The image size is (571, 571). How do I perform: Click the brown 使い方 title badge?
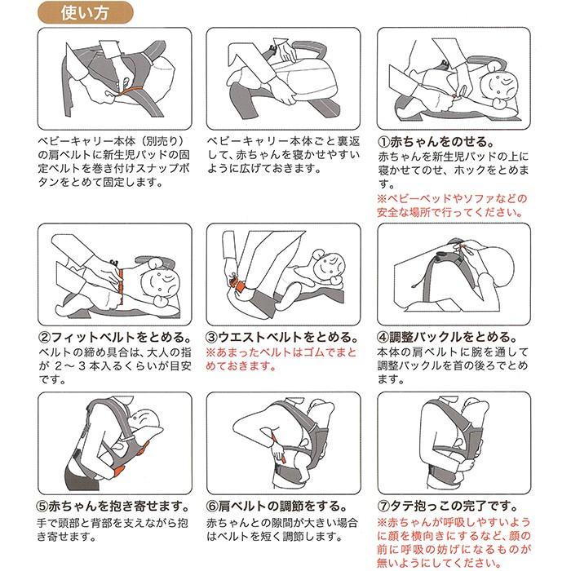click(x=85, y=13)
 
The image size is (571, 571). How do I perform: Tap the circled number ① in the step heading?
click(x=383, y=142)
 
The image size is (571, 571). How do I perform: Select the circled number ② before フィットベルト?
click(x=44, y=337)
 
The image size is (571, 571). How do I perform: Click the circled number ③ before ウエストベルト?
click(x=212, y=337)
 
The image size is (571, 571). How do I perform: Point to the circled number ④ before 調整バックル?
click(x=383, y=337)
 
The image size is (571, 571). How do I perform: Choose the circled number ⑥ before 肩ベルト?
click(x=212, y=507)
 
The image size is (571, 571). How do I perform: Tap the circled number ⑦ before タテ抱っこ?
click(x=383, y=507)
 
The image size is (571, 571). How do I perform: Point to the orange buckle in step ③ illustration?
click(x=238, y=285)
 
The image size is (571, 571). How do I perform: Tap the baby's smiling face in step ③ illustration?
click(x=328, y=265)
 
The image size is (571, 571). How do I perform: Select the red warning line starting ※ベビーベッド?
click(x=452, y=199)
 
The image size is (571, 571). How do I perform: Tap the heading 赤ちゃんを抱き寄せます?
click(x=119, y=507)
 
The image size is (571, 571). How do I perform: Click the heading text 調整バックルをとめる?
click(x=453, y=337)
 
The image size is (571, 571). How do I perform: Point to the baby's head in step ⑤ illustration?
click(x=144, y=418)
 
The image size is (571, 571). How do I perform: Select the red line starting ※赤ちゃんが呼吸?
click(x=454, y=522)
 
